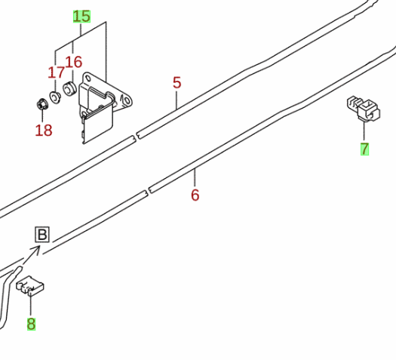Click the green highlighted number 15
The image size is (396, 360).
click(x=81, y=17)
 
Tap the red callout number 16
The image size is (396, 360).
click(x=73, y=62)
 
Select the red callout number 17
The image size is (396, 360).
click(x=56, y=72)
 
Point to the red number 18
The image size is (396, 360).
click(x=44, y=131)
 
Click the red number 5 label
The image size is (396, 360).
click(x=177, y=82)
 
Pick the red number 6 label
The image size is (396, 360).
click(x=195, y=195)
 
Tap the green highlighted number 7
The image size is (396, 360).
click(x=364, y=149)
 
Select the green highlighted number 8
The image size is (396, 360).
click(x=31, y=324)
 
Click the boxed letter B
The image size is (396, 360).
click(x=42, y=235)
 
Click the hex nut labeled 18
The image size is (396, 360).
click(x=41, y=104)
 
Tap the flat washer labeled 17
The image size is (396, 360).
click(x=55, y=97)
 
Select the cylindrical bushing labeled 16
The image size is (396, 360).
click(x=69, y=89)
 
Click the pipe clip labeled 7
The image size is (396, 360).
click(x=364, y=109)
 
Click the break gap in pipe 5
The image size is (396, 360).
click(x=136, y=136)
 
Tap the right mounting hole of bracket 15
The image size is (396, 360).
click(x=126, y=100)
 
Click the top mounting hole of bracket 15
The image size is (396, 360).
click(x=88, y=78)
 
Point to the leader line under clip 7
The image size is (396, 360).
click(x=364, y=131)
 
